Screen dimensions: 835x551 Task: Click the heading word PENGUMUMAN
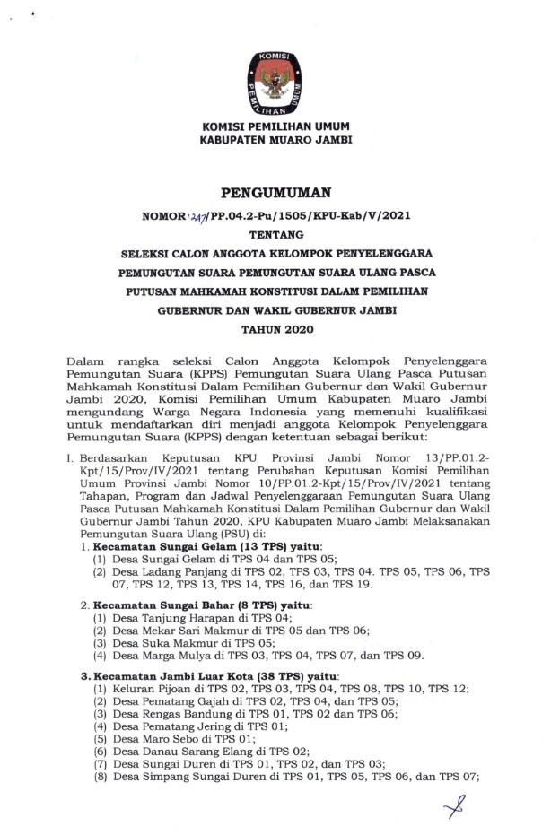click(275, 191)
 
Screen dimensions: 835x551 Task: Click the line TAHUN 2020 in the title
click(275, 331)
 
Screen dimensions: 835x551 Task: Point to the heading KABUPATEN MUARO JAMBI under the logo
click(275, 141)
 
